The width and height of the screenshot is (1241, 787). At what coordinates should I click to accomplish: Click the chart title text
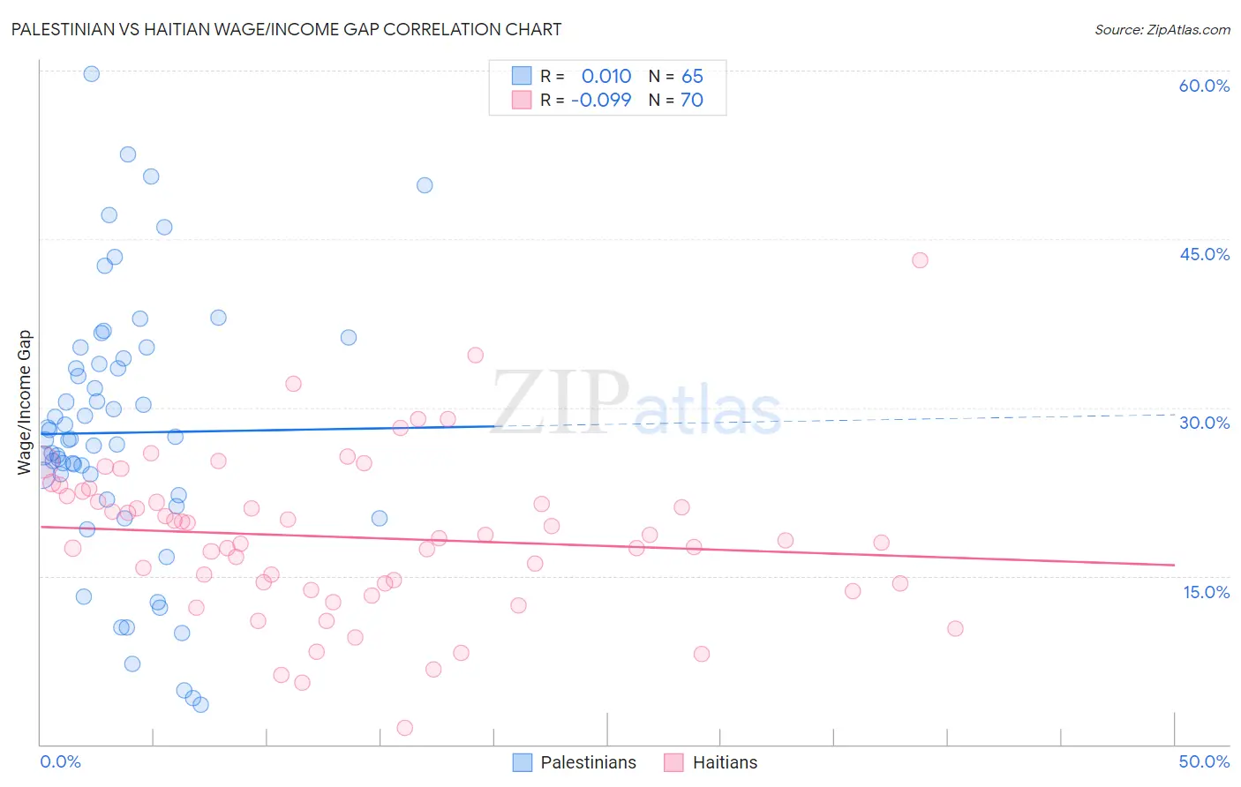click(286, 29)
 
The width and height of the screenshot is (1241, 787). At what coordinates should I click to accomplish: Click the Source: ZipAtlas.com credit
click(1162, 29)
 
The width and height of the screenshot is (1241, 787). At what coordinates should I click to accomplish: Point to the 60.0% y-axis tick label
click(1204, 86)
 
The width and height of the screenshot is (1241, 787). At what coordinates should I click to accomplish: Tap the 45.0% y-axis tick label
click(1204, 254)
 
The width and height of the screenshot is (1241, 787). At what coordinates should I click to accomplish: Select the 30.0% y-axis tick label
click(1204, 423)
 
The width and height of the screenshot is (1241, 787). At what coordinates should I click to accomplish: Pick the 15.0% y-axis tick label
click(1206, 592)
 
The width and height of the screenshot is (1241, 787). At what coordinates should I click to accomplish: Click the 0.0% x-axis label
click(60, 761)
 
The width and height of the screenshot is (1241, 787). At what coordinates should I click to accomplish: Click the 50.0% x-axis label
click(1204, 761)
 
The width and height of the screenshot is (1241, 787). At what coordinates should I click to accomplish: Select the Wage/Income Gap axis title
click(25, 402)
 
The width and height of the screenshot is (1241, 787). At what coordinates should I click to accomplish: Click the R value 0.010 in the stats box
click(606, 76)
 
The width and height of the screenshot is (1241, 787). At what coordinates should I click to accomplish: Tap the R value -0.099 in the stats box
click(601, 100)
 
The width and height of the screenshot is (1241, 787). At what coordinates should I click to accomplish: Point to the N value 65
click(692, 76)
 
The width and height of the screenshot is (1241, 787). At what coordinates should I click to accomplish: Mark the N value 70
click(692, 100)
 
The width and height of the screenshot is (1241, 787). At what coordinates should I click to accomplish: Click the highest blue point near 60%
click(91, 74)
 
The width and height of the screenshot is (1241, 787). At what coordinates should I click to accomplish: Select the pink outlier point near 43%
click(920, 260)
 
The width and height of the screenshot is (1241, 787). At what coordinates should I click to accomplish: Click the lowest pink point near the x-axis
click(405, 728)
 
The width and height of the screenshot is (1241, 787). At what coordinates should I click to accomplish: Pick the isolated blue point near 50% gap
click(425, 185)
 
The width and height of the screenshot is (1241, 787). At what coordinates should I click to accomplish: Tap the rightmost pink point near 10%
click(955, 629)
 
